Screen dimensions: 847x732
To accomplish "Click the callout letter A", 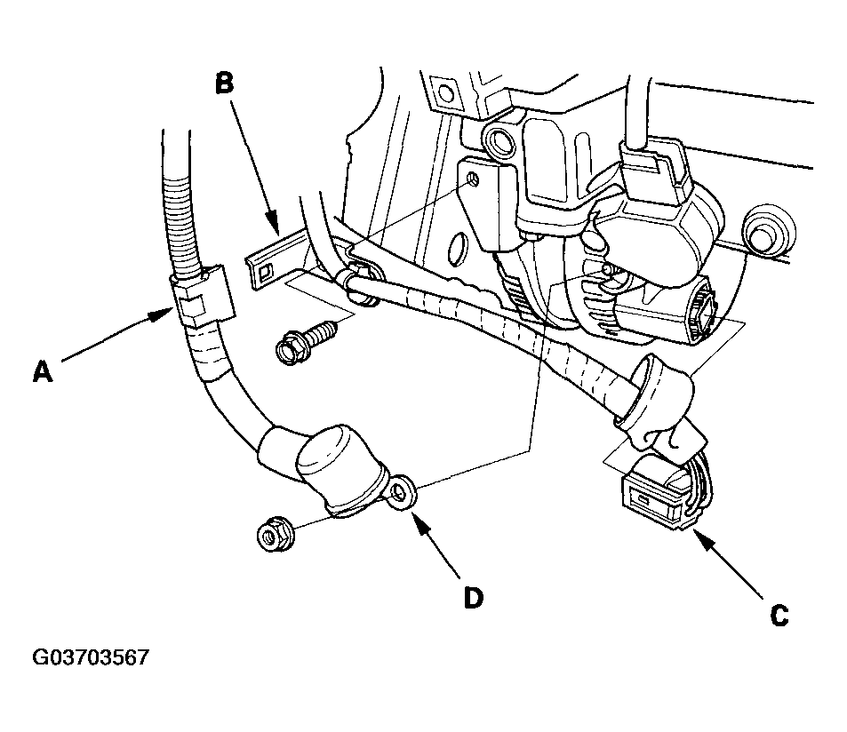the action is click(x=44, y=372).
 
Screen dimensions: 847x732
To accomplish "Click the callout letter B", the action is click(x=225, y=84).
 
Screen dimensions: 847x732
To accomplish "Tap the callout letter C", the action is click(x=779, y=615).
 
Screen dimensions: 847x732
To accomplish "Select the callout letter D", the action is click(x=473, y=598).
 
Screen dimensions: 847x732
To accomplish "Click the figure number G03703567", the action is click(x=90, y=657).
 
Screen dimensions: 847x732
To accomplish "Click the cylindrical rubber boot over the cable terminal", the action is click(x=330, y=462).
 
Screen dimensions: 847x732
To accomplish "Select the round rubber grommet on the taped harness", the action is click(x=653, y=397).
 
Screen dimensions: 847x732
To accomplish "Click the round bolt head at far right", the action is click(x=767, y=230).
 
